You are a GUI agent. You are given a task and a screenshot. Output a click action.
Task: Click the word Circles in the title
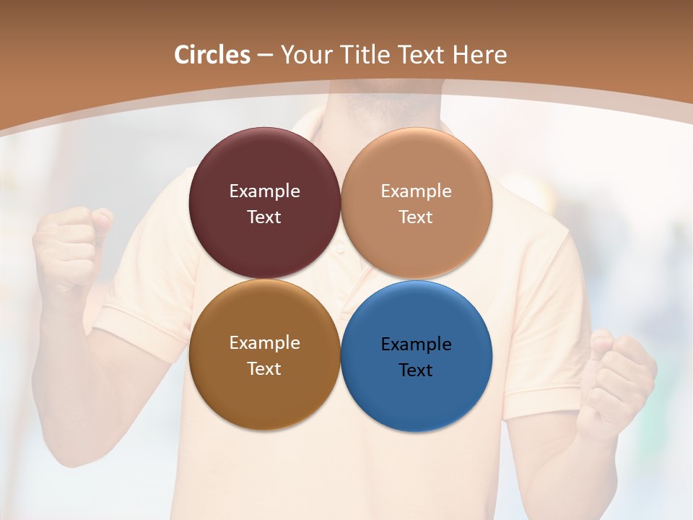(212, 55)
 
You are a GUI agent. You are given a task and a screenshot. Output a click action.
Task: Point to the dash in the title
(265, 56)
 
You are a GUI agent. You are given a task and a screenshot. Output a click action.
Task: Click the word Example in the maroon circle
(264, 191)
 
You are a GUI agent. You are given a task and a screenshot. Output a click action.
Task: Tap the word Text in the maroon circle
(264, 217)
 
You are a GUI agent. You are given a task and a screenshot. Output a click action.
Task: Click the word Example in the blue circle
(417, 344)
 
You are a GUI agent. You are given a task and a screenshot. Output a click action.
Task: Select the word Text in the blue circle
(417, 370)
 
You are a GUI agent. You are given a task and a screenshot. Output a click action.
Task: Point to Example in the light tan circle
(417, 191)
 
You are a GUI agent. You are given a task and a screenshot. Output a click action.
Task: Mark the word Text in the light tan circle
(417, 217)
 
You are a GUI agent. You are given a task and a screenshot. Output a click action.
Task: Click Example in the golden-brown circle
(264, 342)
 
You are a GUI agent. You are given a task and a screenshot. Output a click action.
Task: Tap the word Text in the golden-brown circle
(264, 368)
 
